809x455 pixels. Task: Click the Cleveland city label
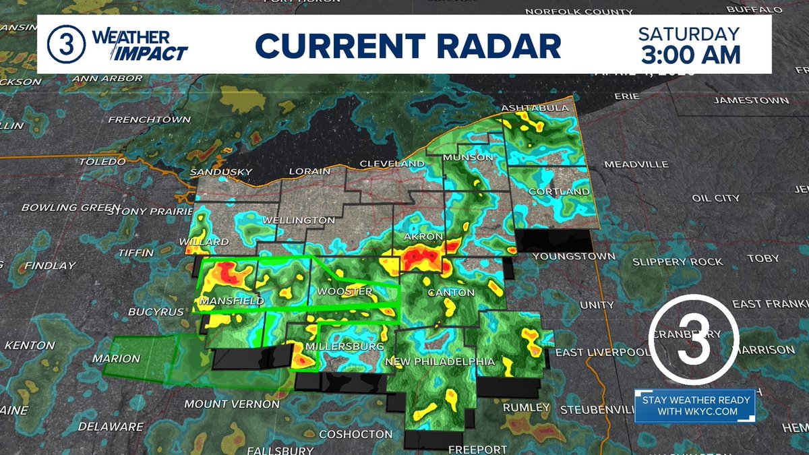(x=392, y=164)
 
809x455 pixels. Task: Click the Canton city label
(x=454, y=293)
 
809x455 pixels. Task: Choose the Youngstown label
(x=574, y=256)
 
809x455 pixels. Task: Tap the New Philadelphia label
(x=440, y=362)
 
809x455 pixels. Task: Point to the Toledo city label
(x=102, y=162)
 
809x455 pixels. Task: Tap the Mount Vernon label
(x=232, y=404)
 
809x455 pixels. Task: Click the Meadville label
(x=636, y=164)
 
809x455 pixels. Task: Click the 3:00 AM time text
(x=689, y=54)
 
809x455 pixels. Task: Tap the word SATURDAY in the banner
(x=688, y=33)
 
